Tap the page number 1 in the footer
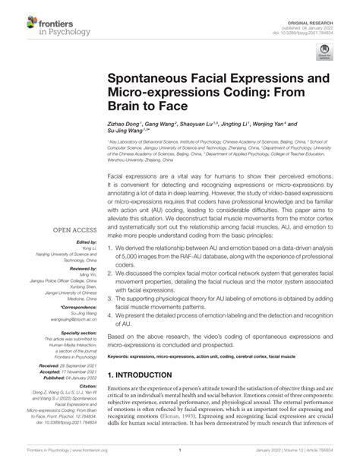tap(179, 460)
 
